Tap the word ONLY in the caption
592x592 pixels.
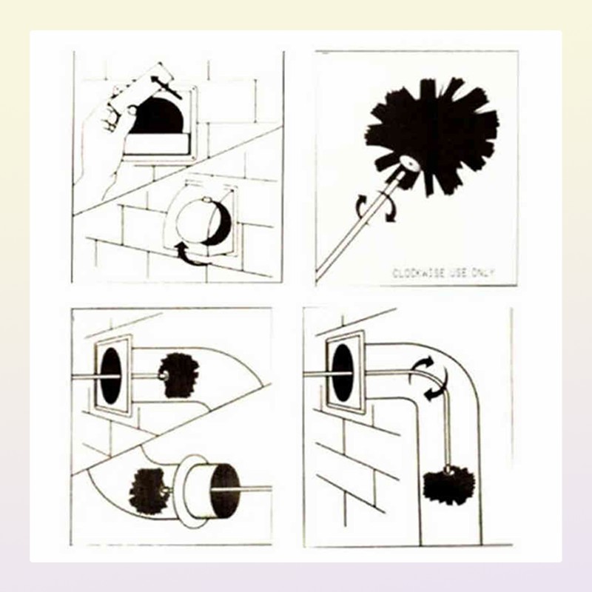coord(482,273)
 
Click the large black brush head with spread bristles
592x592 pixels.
coord(432,135)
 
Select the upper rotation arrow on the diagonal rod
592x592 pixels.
coord(363,205)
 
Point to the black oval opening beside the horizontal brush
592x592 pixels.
coord(111,375)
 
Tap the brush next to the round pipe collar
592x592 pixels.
coord(147,491)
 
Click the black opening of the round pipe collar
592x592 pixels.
coord(226,491)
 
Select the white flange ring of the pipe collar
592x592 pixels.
coord(190,491)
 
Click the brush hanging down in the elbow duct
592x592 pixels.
coord(448,486)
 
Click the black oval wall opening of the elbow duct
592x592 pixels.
coord(343,373)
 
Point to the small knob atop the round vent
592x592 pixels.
coord(206,199)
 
